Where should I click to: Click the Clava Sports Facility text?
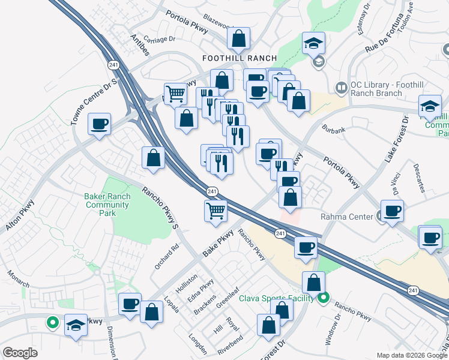(277, 298)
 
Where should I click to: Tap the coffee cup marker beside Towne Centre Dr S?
(100, 125)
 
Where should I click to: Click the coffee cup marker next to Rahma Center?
(392, 212)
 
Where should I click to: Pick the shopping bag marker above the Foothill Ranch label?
(239, 39)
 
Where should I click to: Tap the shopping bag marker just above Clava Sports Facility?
(313, 283)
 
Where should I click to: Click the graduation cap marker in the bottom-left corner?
(76, 326)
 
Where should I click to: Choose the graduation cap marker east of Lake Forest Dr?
(430, 107)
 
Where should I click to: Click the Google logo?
(20, 353)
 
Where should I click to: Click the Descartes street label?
(418, 178)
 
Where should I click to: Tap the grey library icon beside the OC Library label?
(342, 88)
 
